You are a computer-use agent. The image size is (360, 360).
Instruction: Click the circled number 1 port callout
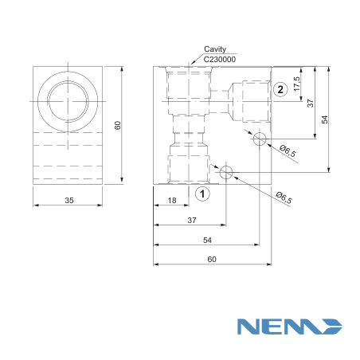coord(202,194)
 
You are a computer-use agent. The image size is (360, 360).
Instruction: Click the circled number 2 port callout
coord(280,89)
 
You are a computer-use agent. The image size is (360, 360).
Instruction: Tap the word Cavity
coord(215,49)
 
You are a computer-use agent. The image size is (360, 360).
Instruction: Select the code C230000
coord(220,59)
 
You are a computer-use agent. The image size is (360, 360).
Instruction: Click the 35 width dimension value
coord(69,200)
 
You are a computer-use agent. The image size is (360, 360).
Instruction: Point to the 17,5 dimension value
coord(297,84)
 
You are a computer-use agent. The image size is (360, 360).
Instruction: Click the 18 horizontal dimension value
coord(172,200)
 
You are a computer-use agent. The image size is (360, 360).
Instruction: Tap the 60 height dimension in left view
coord(117,125)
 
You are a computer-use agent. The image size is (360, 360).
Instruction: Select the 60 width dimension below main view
coord(212,259)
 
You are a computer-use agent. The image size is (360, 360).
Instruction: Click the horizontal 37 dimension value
coord(192,220)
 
